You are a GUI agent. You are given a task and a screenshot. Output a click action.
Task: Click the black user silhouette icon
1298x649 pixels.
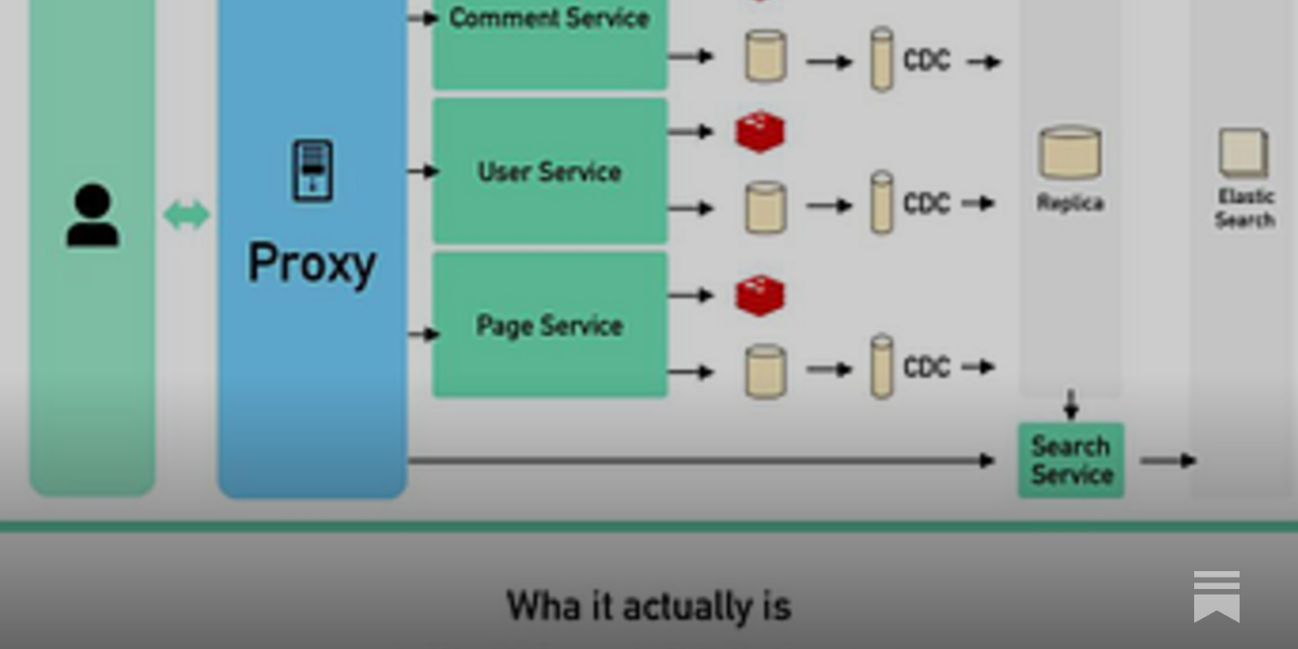(92, 215)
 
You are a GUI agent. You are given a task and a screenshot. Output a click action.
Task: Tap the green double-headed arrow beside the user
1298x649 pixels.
(186, 215)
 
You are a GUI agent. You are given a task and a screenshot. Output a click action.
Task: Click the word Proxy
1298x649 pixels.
(312, 263)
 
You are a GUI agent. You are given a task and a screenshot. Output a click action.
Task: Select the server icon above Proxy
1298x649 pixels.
(312, 170)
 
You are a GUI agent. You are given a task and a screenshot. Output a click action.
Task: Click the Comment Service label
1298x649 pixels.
(549, 18)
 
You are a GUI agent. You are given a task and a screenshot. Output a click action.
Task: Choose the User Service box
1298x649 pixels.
(549, 171)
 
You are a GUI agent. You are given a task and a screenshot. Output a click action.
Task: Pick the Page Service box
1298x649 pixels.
(549, 325)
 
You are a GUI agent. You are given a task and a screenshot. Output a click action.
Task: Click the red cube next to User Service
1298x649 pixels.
(760, 132)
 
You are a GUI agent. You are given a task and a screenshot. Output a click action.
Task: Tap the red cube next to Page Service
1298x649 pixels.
(760, 295)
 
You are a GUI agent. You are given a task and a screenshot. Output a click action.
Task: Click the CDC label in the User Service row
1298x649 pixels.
(926, 203)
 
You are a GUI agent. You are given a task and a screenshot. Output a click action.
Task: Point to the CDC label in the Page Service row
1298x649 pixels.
(926, 367)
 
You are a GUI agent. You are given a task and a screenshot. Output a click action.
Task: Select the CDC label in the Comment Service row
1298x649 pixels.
(926, 60)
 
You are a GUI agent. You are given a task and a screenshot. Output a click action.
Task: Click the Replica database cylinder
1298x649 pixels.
(1070, 152)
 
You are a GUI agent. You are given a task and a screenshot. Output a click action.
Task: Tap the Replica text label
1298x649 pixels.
(1070, 203)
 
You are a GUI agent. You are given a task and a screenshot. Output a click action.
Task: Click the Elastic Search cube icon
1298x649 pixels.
(1243, 153)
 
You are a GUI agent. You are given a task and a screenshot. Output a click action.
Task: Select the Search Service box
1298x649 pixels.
(1071, 460)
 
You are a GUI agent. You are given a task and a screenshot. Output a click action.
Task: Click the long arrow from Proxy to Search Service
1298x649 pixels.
(698, 461)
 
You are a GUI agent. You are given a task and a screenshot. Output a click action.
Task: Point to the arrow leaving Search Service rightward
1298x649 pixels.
(1167, 461)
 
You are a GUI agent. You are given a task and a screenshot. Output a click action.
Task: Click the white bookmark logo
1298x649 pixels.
(1216, 596)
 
